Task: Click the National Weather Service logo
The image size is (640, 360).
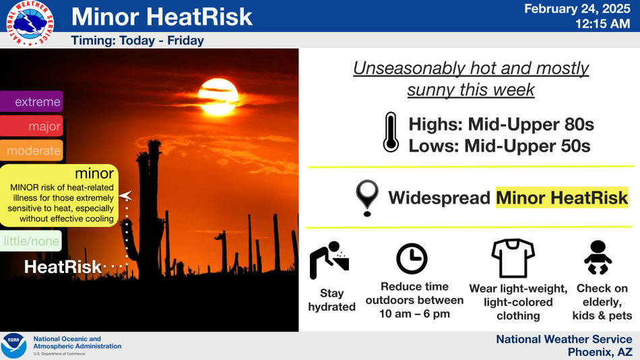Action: coord(30,24)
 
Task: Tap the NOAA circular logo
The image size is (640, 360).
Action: coord(14,346)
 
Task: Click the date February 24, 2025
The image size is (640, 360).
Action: coord(577,9)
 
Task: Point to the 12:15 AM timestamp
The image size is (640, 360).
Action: coord(602,24)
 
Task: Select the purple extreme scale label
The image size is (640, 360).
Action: coord(32,101)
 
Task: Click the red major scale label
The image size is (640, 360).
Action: coord(32,126)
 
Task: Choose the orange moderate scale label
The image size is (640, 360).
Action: coord(32,150)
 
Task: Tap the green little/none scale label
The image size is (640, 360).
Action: coord(31,241)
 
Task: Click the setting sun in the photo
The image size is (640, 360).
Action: coord(218,97)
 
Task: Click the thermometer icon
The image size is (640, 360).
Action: coord(391,132)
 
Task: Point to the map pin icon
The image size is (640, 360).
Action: coord(367,198)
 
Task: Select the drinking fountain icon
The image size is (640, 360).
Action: coord(329,260)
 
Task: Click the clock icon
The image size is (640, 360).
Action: coord(412,259)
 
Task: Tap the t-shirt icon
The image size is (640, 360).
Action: coord(513,258)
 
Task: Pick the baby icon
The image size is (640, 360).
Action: coord(598,258)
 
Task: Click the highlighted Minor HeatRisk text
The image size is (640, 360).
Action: coord(562,198)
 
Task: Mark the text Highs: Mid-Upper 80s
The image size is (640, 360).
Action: coord(501,124)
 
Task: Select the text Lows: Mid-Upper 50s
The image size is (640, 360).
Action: coord(500,146)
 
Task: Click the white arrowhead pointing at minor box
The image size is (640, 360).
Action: coord(126,196)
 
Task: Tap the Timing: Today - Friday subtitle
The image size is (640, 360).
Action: coord(137,40)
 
